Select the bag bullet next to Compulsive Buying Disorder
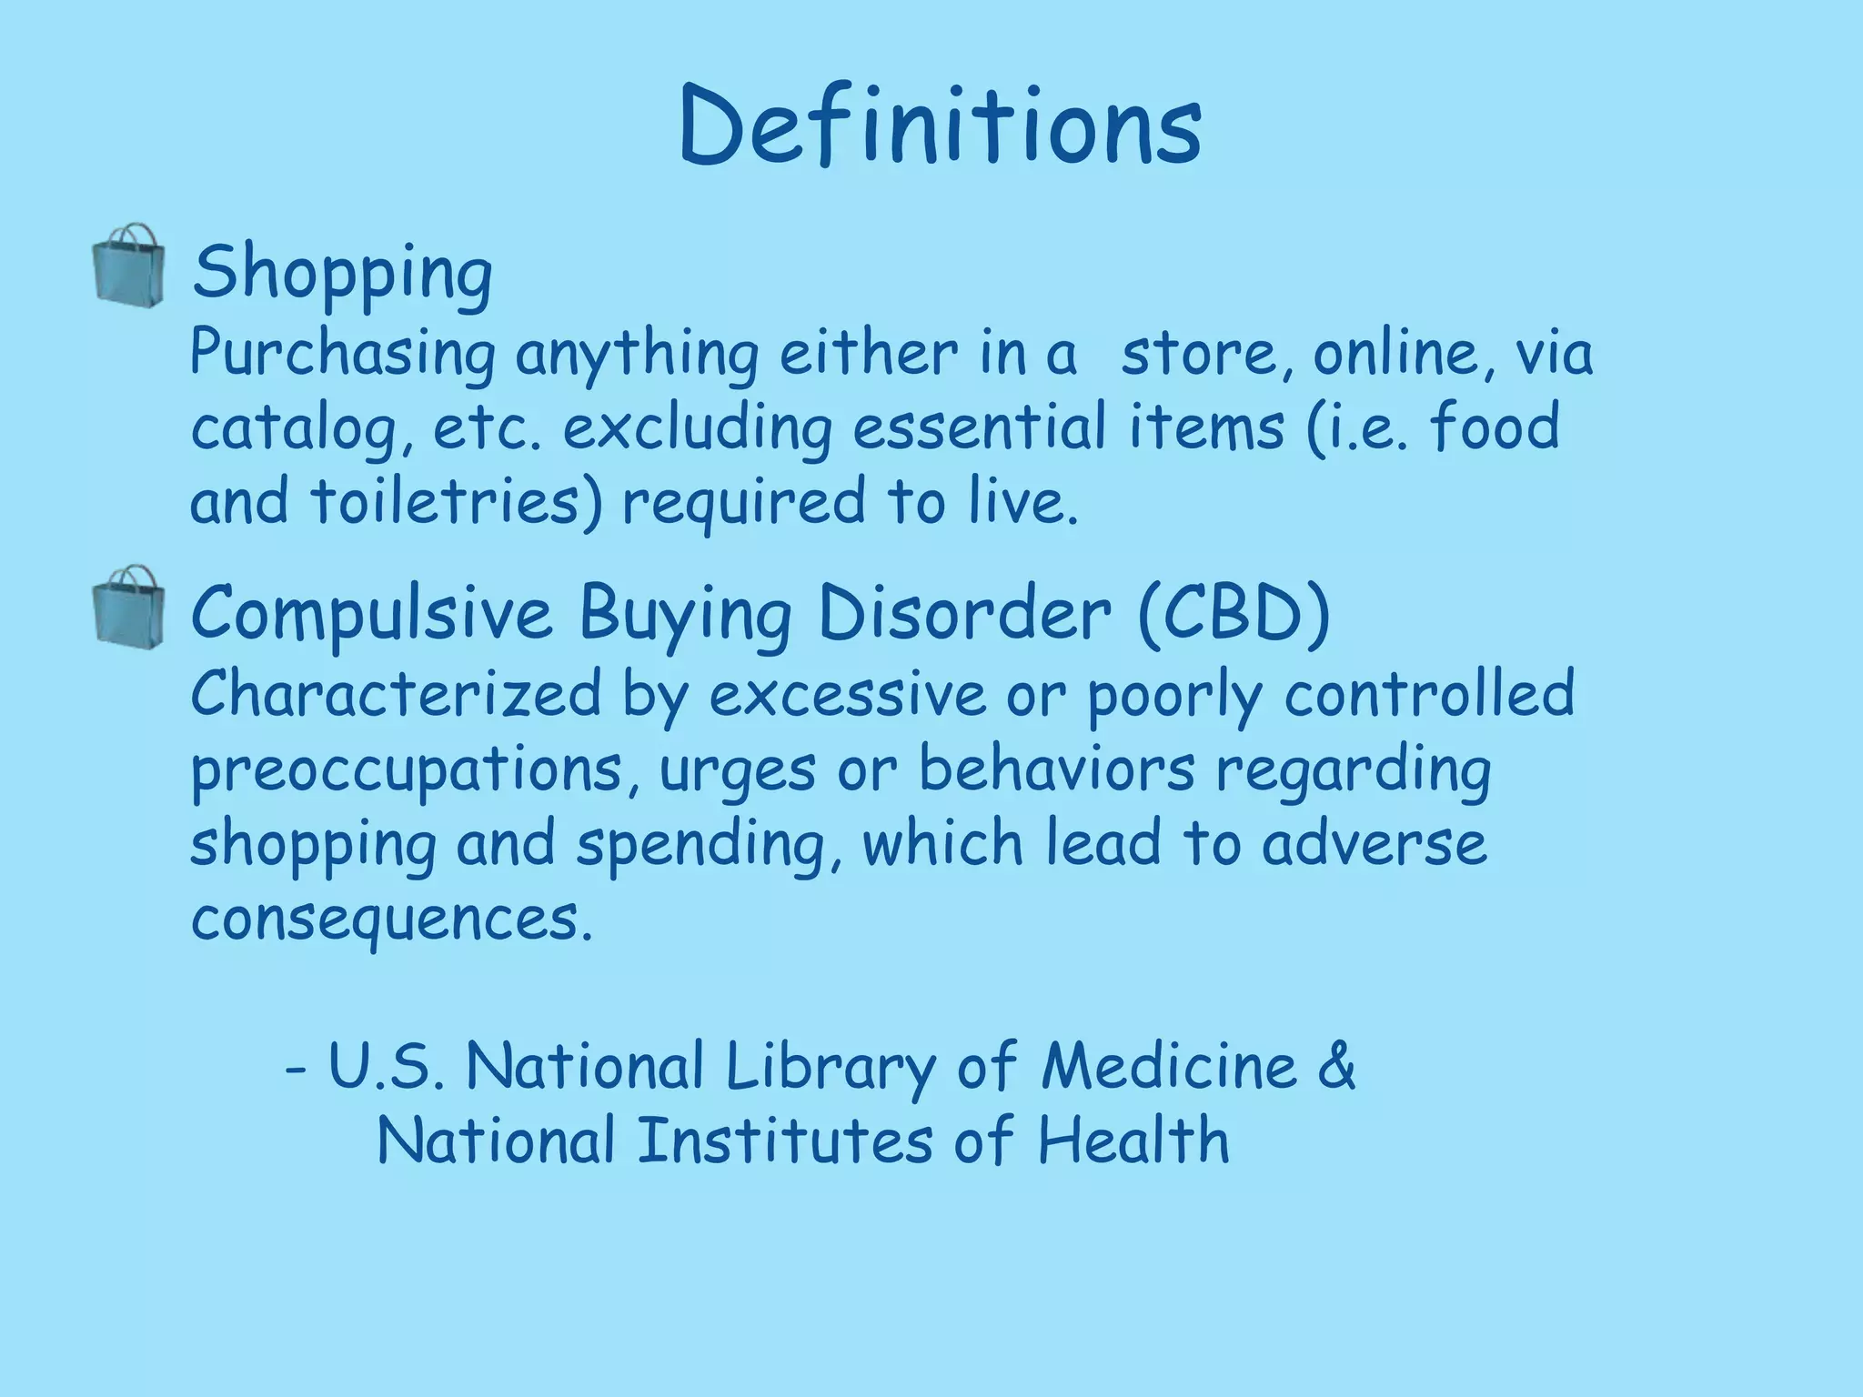[x=129, y=605]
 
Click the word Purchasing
[x=343, y=355]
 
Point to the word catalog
[x=296, y=429]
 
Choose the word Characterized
[x=396, y=694]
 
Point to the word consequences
[x=391, y=919]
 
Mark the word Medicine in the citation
[x=1169, y=1066]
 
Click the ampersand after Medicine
[x=1335, y=1066]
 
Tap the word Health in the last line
[x=1133, y=1141]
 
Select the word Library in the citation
[x=831, y=1066]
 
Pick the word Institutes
[x=784, y=1141]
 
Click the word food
[x=1495, y=427]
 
